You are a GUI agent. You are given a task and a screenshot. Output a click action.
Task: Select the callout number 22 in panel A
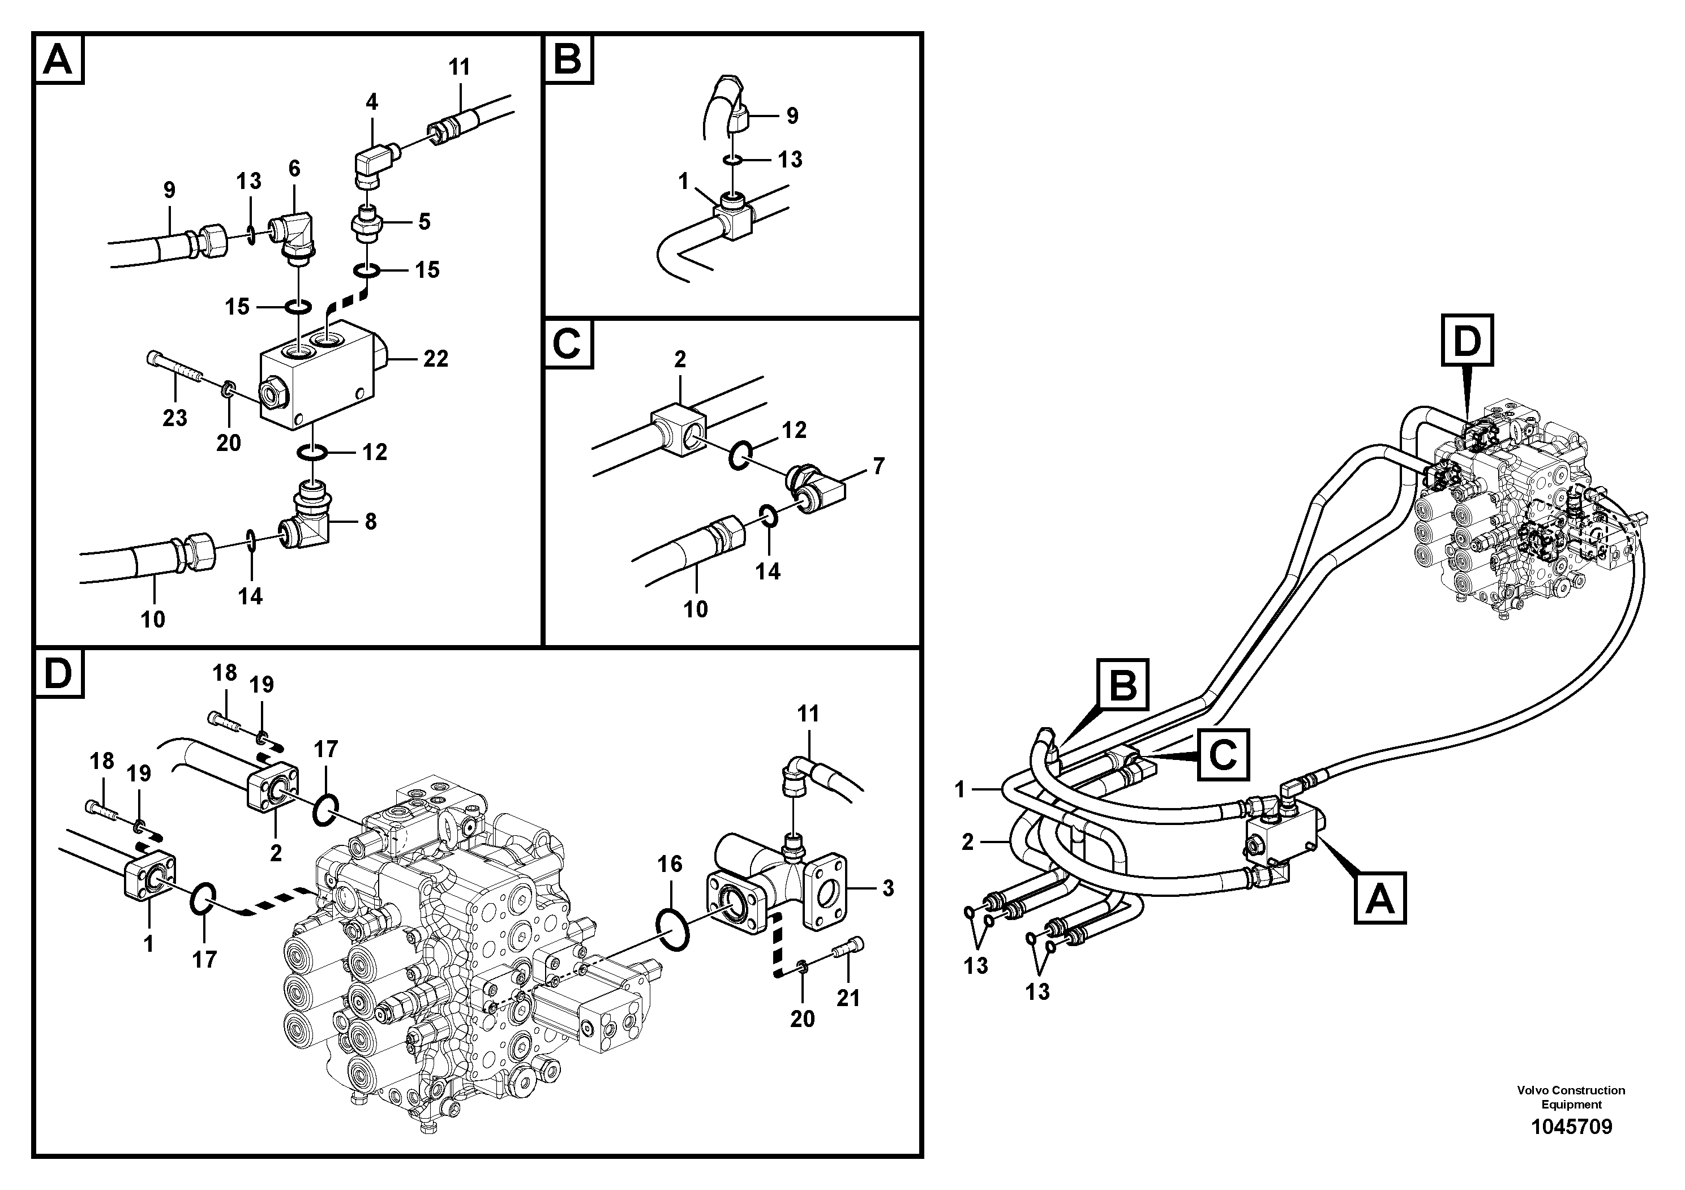435,359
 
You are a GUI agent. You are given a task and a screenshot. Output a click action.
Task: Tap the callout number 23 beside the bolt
175,418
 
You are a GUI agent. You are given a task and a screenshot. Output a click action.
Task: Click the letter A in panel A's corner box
58,59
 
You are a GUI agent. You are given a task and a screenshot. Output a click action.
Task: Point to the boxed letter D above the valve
1467,341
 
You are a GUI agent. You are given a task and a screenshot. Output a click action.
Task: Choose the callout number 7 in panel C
878,466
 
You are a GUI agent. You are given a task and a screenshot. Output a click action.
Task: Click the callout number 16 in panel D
670,864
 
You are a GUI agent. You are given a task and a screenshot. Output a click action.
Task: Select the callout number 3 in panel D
888,888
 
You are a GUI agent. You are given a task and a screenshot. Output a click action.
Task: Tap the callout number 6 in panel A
294,169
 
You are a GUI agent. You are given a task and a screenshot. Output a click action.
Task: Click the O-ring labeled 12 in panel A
312,455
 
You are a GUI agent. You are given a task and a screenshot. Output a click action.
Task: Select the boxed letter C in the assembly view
1223,754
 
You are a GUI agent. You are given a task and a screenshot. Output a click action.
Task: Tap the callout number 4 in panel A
372,102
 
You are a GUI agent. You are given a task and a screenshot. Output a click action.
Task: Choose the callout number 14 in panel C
769,572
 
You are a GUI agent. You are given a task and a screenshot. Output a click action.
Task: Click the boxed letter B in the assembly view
1123,685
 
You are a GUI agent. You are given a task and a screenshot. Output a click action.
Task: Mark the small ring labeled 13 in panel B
732,159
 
